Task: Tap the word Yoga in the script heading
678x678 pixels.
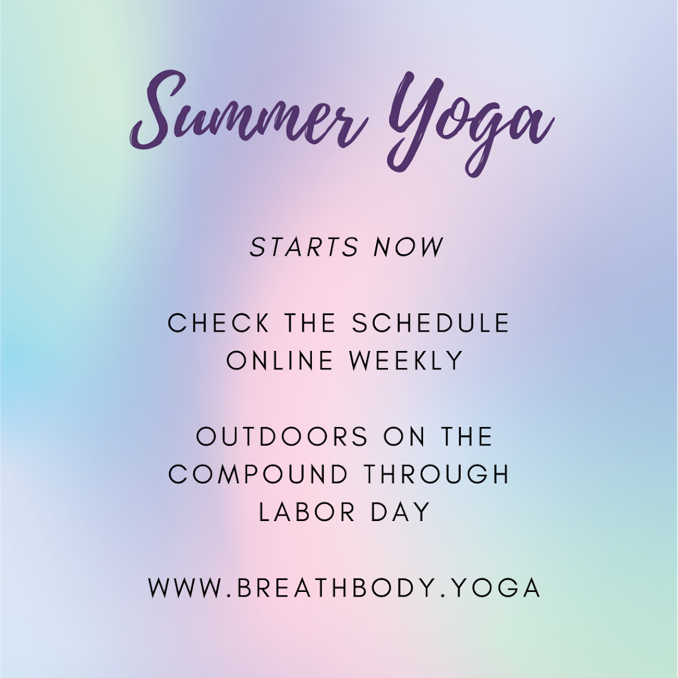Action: [467, 122]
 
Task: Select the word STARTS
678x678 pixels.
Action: [304, 247]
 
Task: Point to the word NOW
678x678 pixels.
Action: [409, 247]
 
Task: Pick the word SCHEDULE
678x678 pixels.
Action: [431, 323]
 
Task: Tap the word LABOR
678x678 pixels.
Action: [303, 512]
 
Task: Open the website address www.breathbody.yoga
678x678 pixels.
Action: [345, 588]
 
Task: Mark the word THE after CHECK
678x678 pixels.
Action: [311, 323]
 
